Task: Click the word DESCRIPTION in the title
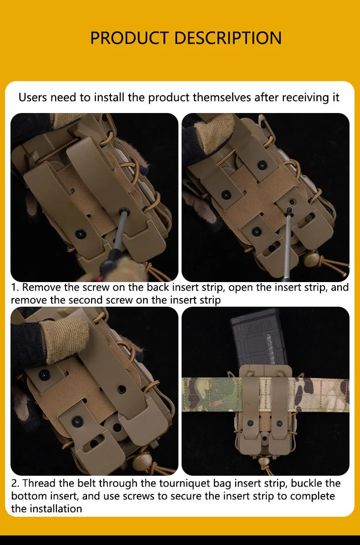click(227, 38)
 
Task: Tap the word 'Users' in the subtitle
click(33, 98)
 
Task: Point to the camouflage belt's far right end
click(348, 395)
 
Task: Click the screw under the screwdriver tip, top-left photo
click(123, 212)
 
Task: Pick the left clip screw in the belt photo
click(250, 423)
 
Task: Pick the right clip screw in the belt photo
click(279, 423)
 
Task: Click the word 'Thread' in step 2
click(40, 483)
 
